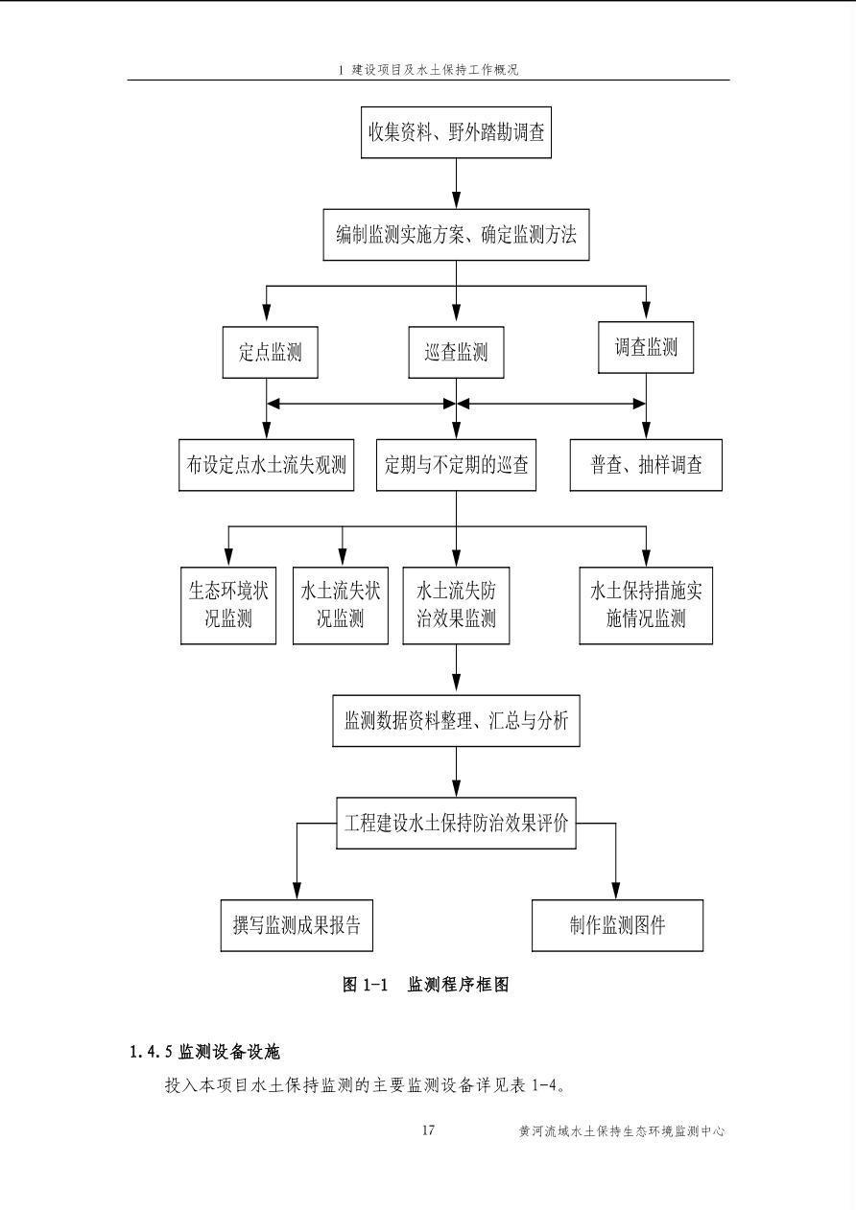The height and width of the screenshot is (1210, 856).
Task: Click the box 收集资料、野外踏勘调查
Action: (456, 131)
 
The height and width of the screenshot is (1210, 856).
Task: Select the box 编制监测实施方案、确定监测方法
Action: (456, 235)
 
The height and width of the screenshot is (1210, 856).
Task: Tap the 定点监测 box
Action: (270, 352)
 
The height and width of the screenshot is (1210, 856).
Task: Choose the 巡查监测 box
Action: (456, 352)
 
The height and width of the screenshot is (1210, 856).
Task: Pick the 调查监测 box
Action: (646, 347)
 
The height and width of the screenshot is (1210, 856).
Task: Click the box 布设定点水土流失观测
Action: (266, 465)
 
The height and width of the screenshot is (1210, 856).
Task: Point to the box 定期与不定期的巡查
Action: (456, 465)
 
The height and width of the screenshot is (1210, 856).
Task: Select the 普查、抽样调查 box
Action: (646, 465)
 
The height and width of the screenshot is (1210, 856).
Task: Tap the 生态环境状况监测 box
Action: (227, 604)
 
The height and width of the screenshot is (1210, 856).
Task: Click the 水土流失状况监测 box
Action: (341, 604)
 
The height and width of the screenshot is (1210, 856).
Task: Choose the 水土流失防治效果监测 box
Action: (456, 604)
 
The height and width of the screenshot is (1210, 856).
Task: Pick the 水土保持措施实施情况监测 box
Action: (646, 604)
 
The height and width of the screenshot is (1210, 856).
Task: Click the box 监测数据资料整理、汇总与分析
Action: (456, 720)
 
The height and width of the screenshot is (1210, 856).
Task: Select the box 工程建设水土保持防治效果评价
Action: (456, 824)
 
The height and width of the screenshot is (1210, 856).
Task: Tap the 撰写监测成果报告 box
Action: (296, 925)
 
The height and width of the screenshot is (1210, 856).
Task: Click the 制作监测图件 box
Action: (617, 925)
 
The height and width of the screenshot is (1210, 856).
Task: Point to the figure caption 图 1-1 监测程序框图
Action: (425, 985)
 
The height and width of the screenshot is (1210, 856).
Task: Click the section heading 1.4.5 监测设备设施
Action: (204, 1052)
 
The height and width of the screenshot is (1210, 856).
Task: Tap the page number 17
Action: (428, 1130)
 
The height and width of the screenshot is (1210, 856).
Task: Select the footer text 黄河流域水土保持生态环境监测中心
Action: (621, 1131)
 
